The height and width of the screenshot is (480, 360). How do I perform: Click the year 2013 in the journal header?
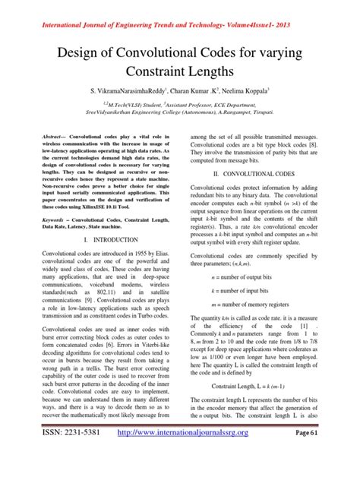323,9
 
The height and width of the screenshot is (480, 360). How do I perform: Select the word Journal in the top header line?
89,9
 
